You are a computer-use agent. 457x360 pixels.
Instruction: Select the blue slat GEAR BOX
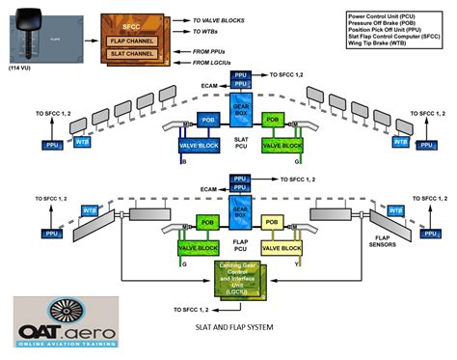click(x=240, y=108)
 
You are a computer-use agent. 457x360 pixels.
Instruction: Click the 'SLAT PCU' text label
click(x=240, y=143)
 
